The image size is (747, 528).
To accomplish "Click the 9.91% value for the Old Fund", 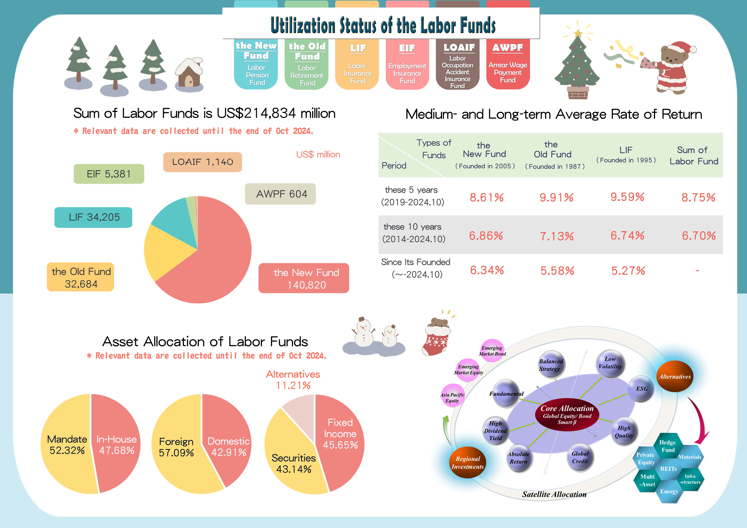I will (x=556, y=197).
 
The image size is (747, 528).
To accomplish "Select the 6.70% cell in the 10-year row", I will (x=699, y=236).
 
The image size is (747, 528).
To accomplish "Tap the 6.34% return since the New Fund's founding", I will (x=487, y=270).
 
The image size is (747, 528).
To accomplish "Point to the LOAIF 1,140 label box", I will (x=202, y=162).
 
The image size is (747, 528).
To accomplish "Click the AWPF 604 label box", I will (x=280, y=194).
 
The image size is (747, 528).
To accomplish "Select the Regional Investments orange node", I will (x=468, y=462).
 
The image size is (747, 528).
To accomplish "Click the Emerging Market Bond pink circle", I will (x=492, y=351).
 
